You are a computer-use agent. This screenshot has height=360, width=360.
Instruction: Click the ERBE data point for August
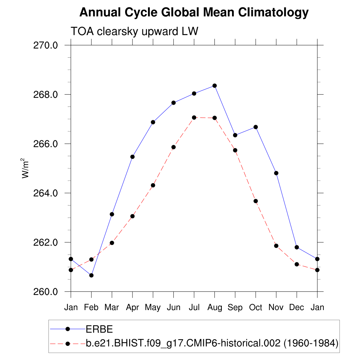pyautogui.click(x=214, y=86)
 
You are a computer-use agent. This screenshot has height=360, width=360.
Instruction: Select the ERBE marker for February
pyautogui.click(x=91, y=275)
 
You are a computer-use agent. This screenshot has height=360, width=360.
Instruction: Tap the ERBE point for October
pyautogui.click(x=256, y=127)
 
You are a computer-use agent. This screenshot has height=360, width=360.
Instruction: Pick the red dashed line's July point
pyautogui.click(x=194, y=117)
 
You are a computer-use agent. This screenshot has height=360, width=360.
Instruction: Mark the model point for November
pyautogui.click(x=276, y=246)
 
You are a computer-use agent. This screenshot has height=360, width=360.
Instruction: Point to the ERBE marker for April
pyautogui.click(x=133, y=157)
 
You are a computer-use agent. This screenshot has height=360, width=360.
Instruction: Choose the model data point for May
pyautogui.click(x=153, y=185)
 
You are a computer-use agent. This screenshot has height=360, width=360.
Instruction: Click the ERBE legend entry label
pyautogui.click(x=99, y=329)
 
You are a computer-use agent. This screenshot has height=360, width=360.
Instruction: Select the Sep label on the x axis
pyautogui.click(x=235, y=308)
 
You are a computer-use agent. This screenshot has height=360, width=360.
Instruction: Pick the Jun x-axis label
pyautogui.click(x=173, y=308)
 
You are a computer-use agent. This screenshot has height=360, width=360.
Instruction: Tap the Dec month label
pyautogui.click(x=296, y=308)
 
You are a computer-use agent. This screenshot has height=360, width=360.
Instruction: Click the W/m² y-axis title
pyautogui.click(x=26, y=168)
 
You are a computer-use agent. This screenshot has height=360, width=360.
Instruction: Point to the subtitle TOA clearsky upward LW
pyautogui.click(x=135, y=31)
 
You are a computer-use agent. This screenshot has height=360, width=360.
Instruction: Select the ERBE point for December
pyautogui.click(x=297, y=247)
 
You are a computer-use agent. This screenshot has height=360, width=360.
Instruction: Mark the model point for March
pyautogui.click(x=112, y=243)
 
